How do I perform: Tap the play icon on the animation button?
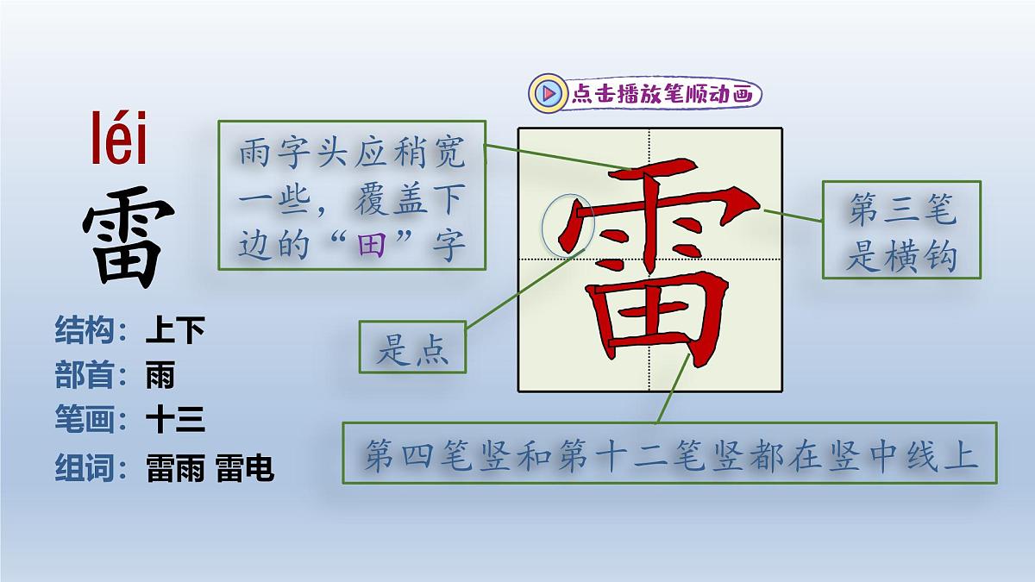[x=547, y=93]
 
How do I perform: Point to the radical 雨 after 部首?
[x=160, y=375]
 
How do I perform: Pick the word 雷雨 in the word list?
[x=176, y=467]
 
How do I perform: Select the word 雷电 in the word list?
[x=246, y=467]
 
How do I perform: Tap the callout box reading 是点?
[x=412, y=347]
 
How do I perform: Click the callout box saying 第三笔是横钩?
[x=901, y=230]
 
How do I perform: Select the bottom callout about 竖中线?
[x=669, y=453]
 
